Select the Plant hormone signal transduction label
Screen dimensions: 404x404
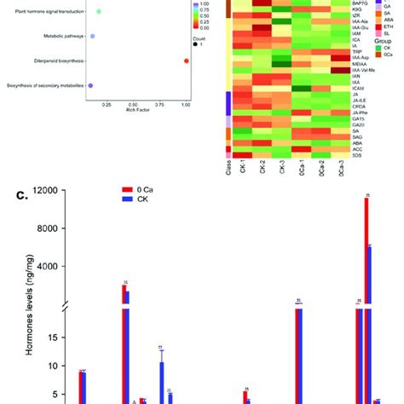pos(47,13)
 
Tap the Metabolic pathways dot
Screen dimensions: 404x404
pos(93,38)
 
